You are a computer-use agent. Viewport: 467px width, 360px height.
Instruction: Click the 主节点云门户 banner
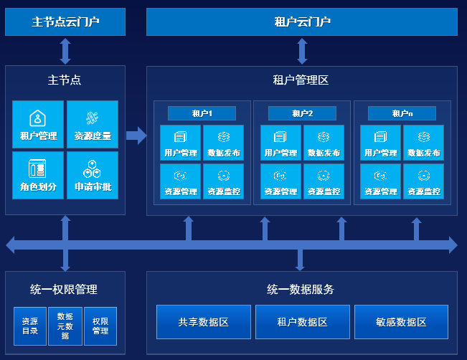click(x=65, y=22)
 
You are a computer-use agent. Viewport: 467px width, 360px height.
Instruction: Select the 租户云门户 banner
click(x=302, y=22)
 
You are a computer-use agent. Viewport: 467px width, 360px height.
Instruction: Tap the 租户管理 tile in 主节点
click(x=38, y=124)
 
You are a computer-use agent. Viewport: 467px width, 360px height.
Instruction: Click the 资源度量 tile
click(x=93, y=124)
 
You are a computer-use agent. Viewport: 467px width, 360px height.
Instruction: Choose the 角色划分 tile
click(x=38, y=175)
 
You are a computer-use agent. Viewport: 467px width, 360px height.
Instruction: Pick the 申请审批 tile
click(x=93, y=175)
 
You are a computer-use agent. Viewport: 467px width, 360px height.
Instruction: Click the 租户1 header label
click(x=202, y=113)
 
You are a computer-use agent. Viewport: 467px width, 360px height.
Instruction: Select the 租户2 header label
click(x=302, y=113)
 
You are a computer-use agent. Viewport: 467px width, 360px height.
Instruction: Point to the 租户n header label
click(x=402, y=113)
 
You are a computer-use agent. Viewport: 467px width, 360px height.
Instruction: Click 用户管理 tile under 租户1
click(x=181, y=143)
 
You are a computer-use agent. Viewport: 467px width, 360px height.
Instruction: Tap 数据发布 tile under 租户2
click(x=324, y=143)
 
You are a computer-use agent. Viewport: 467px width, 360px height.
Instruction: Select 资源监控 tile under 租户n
click(x=423, y=181)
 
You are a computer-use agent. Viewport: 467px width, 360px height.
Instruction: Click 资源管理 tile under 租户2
click(x=281, y=181)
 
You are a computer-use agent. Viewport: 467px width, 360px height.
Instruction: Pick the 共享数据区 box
click(x=204, y=322)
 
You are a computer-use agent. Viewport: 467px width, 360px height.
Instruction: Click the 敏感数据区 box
click(x=401, y=322)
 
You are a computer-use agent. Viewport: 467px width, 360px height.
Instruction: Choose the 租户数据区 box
click(x=303, y=322)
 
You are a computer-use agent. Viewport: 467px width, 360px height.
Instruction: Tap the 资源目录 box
click(x=30, y=326)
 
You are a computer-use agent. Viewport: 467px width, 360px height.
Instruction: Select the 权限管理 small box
click(x=100, y=326)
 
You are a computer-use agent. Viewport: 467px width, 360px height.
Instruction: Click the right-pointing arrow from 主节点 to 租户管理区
click(x=136, y=136)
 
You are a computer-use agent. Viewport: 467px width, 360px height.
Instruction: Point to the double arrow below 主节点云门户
click(x=65, y=51)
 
